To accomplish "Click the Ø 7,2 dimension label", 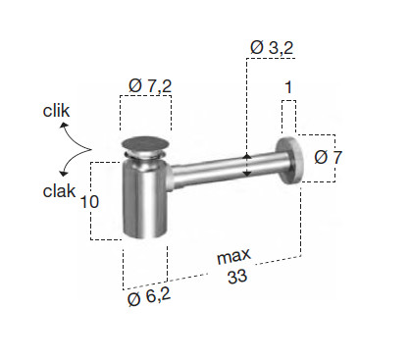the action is pos(150,86).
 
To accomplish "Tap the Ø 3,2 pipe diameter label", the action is pos(272,48).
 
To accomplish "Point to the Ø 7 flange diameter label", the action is pos(328,157).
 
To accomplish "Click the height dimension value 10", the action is pos(89,201).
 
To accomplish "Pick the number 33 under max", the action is pos(237,277).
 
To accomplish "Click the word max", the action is pos(233,256).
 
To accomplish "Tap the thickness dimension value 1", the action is pos(288,87).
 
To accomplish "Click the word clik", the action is pos(56,111).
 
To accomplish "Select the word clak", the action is pos(59,191).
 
